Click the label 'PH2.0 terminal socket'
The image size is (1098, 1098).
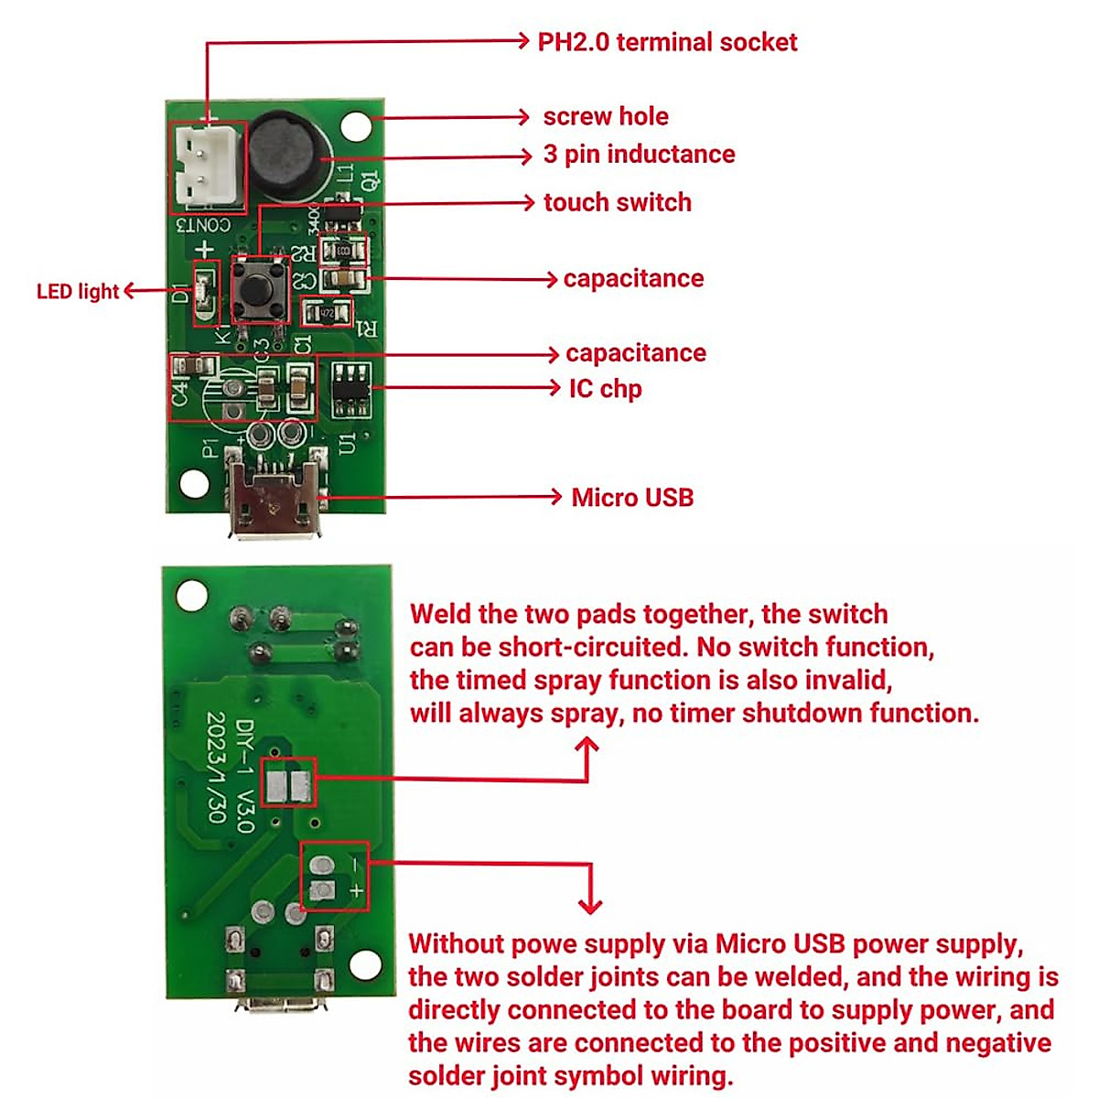(667, 42)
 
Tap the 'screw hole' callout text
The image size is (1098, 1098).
(605, 116)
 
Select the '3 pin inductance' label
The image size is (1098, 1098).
(639, 154)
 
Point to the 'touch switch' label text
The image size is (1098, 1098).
(617, 202)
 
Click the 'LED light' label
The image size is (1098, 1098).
(78, 291)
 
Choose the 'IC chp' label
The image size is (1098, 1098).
(605, 388)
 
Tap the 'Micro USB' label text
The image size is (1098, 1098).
(632, 498)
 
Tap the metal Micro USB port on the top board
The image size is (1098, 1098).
(274, 499)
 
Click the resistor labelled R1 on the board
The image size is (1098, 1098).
(327, 313)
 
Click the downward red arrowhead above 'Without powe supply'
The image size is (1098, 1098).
(590, 905)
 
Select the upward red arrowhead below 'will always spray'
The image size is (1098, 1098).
(587, 747)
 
